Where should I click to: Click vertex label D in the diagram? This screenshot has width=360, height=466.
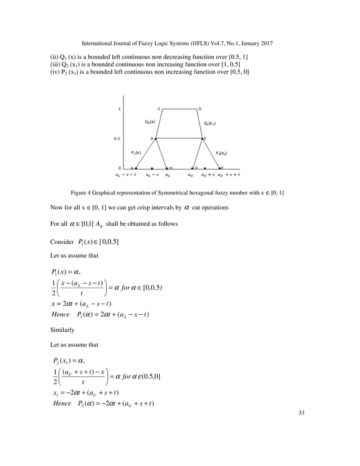click(x=200, y=108)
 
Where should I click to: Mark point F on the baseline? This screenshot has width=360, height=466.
click(x=222, y=168)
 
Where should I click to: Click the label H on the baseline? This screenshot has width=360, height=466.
click(x=171, y=168)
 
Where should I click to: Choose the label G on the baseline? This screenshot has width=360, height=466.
click(x=195, y=168)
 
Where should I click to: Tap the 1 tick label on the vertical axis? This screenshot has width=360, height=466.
click(x=119, y=108)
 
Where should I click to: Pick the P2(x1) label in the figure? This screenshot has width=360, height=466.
click(x=222, y=152)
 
